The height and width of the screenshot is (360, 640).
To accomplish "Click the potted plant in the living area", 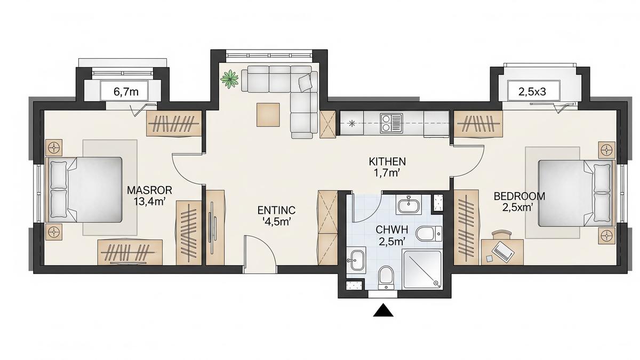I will tap(230, 79).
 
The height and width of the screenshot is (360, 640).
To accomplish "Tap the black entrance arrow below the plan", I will tap(382, 311).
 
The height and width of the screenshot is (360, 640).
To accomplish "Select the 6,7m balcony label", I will tap(126, 91).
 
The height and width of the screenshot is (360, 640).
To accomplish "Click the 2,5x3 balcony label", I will tap(532, 91).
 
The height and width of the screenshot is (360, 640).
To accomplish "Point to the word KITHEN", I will tap(388, 161).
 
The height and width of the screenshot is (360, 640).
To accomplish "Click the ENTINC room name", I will tap(276, 210).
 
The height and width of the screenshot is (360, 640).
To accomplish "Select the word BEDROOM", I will tap(512, 195).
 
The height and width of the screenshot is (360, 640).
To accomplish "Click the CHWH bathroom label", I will tap(391, 230).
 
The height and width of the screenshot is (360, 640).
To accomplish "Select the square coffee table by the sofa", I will tap(268, 115).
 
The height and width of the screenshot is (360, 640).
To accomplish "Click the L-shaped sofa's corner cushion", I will tap(305, 83).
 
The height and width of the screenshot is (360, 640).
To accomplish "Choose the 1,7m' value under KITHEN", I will tap(388, 172).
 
